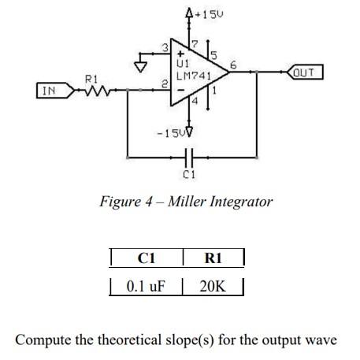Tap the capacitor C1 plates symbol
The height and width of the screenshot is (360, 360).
tap(187, 155)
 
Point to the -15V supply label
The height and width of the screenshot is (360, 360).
tap(175, 131)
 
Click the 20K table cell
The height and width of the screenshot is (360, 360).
tap(213, 285)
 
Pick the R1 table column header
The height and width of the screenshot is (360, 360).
tap(213, 258)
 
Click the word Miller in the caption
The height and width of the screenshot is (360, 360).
tap(180, 202)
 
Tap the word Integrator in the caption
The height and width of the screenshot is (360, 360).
tap(239, 202)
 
